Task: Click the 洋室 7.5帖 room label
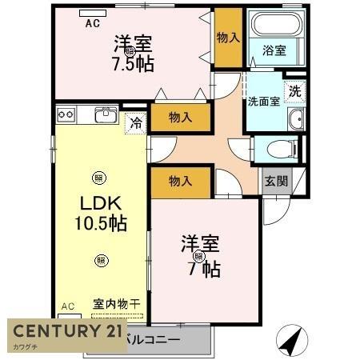pos(133,52)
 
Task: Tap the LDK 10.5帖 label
pos(102,213)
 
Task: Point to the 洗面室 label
pos(263,102)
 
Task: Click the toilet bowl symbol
pos(276,149)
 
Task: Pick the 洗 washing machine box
pos(294,91)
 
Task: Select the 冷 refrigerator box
pos(136,123)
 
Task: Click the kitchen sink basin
pos(106,116)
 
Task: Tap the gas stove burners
pos(66,115)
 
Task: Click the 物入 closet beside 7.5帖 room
pos(226,37)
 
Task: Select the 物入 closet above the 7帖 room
pos(181,182)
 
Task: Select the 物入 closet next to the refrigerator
pos(181,118)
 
